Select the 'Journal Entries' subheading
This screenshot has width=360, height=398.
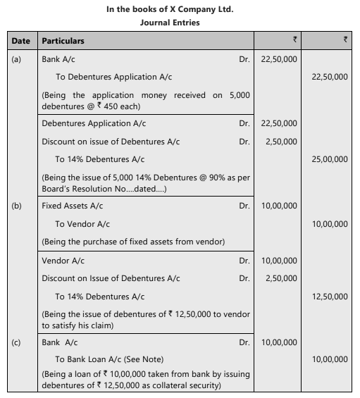(179, 22)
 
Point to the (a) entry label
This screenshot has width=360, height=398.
(16, 59)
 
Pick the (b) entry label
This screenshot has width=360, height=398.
(16, 206)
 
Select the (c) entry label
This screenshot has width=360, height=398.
(16, 342)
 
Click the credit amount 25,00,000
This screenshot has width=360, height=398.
(329, 160)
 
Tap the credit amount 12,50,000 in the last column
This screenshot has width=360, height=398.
(329, 297)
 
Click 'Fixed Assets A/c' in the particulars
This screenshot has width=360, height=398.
(71, 206)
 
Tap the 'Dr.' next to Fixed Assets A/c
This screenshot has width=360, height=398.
(244, 206)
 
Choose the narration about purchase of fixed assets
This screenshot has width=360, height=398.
(133, 242)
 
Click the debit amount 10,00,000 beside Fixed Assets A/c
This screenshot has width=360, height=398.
(278, 206)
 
